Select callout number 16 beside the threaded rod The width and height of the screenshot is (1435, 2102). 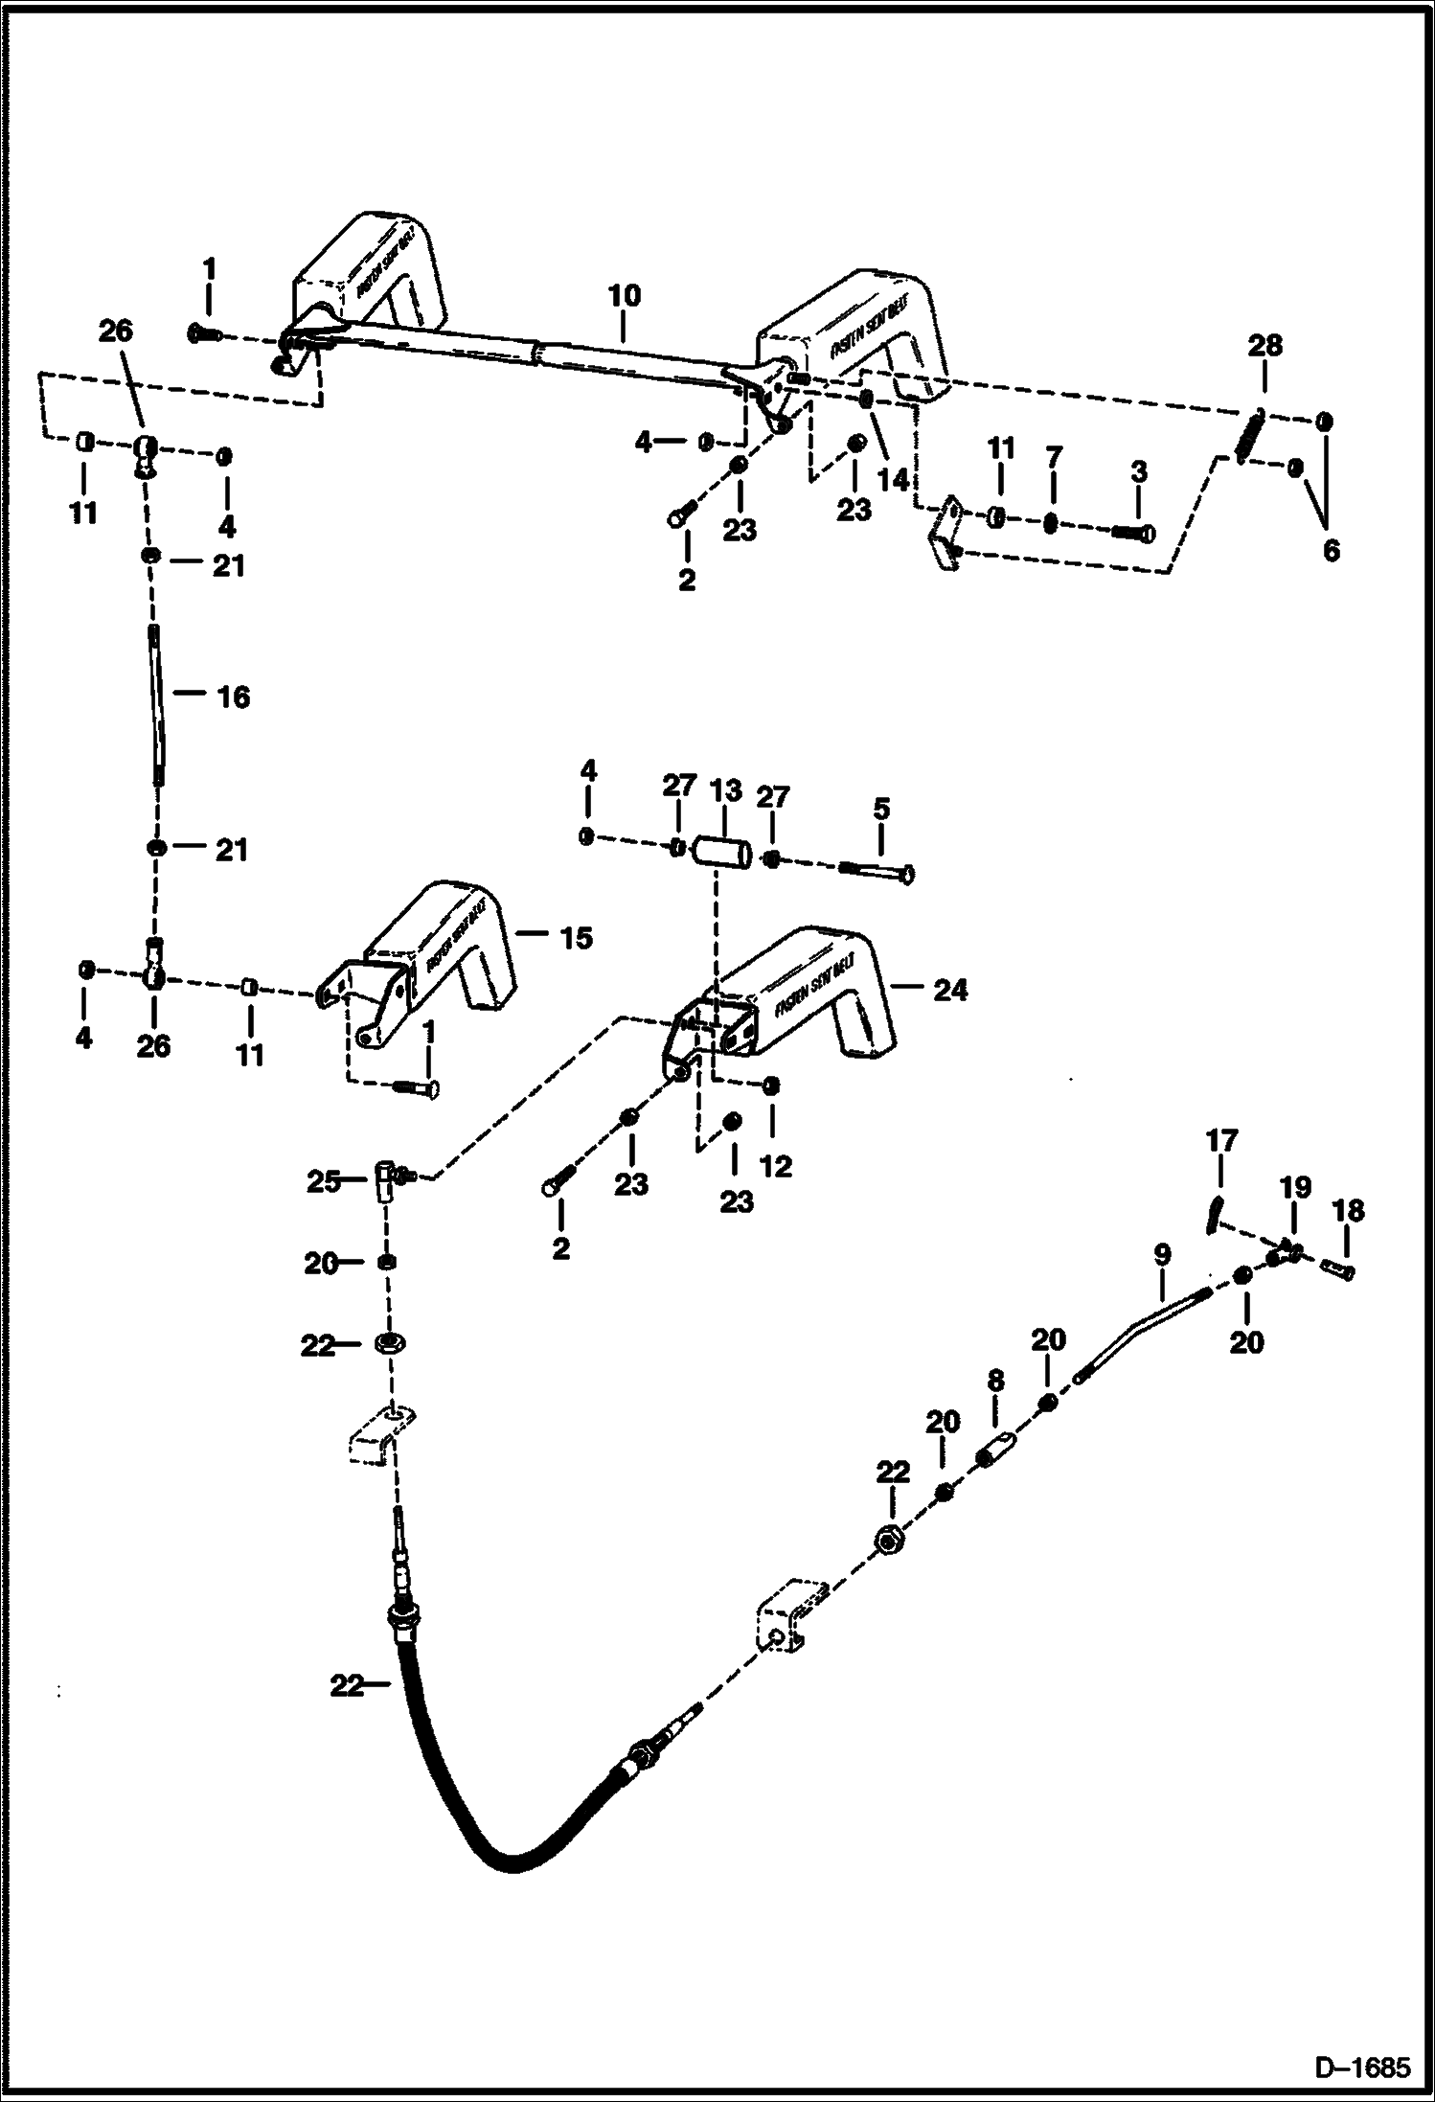233,697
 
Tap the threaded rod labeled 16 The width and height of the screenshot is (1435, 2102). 156,703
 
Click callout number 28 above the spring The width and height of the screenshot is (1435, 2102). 1265,346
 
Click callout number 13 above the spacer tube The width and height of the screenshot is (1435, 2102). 725,791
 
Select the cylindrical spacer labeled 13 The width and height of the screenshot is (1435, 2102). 724,850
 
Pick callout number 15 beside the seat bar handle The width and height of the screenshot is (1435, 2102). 576,937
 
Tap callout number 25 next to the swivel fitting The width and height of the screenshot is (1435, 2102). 324,1181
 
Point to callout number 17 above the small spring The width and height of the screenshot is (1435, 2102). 1221,1140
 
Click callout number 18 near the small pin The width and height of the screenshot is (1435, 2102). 1348,1210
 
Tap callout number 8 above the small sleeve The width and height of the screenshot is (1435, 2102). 995,1381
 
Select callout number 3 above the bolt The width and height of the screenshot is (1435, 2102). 1138,472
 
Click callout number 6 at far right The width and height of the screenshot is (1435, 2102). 1331,551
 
